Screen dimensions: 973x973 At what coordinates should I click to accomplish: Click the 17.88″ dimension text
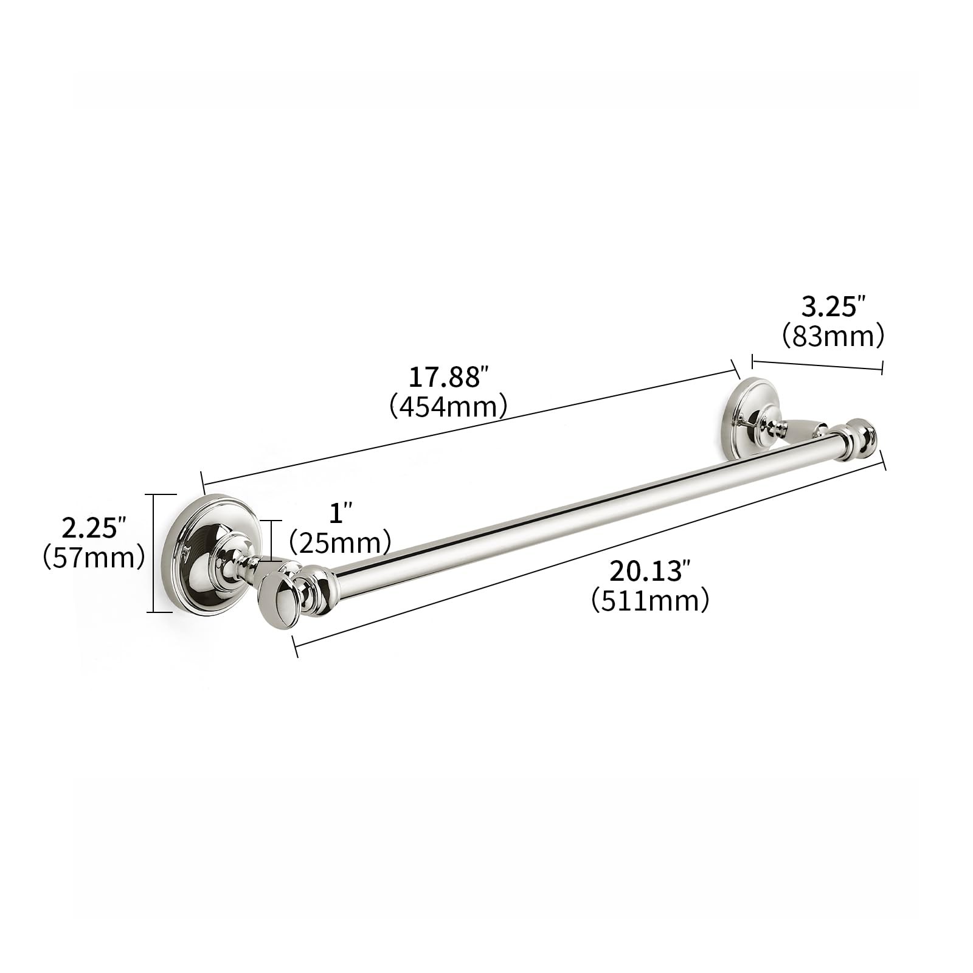point(448,378)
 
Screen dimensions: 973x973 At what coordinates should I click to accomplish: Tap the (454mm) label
point(448,406)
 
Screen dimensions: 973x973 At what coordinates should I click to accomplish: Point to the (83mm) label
point(832,336)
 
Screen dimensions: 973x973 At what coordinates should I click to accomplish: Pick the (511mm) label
point(650,601)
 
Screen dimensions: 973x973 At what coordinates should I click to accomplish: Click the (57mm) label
point(94,556)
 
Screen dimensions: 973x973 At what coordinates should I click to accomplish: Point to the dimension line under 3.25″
point(817,365)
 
